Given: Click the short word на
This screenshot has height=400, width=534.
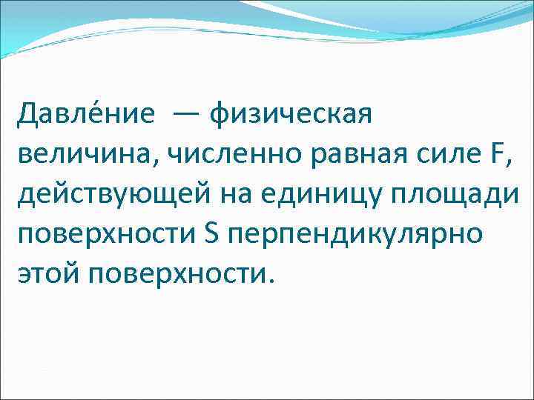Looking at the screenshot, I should (240, 194).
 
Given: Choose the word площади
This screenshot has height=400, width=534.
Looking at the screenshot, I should (461, 194).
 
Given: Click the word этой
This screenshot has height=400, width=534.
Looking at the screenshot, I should (49, 274).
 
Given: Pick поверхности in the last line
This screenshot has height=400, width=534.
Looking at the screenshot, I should (178, 274).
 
